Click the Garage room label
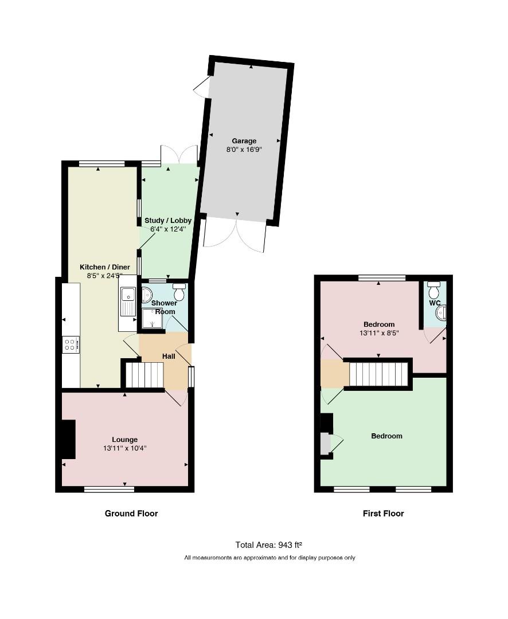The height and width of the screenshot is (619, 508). [x=244, y=141]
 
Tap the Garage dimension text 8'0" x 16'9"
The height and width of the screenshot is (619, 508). [x=244, y=150]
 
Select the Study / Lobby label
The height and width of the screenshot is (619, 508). [x=168, y=221]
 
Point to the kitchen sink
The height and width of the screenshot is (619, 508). [x=128, y=301]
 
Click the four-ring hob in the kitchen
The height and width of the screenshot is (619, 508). [x=71, y=344]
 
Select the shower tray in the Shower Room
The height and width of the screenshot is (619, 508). [x=152, y=318]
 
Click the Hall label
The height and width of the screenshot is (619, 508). [x=169, y=356]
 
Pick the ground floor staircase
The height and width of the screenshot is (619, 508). [x=144, y=375]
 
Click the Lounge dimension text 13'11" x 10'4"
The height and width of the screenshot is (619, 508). [x=125, y=448]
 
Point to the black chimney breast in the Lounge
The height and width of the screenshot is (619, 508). [x=68, y=440]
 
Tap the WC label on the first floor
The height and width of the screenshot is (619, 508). [x=435, y=303]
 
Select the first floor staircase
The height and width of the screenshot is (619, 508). [x=378, y=374]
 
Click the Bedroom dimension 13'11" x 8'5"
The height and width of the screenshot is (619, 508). [x=379, y=333]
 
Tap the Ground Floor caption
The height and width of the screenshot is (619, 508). [x=131, y=514]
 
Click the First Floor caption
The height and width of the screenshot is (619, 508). [x=383, y=514]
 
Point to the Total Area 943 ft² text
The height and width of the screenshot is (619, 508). [x=268, y=545]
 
